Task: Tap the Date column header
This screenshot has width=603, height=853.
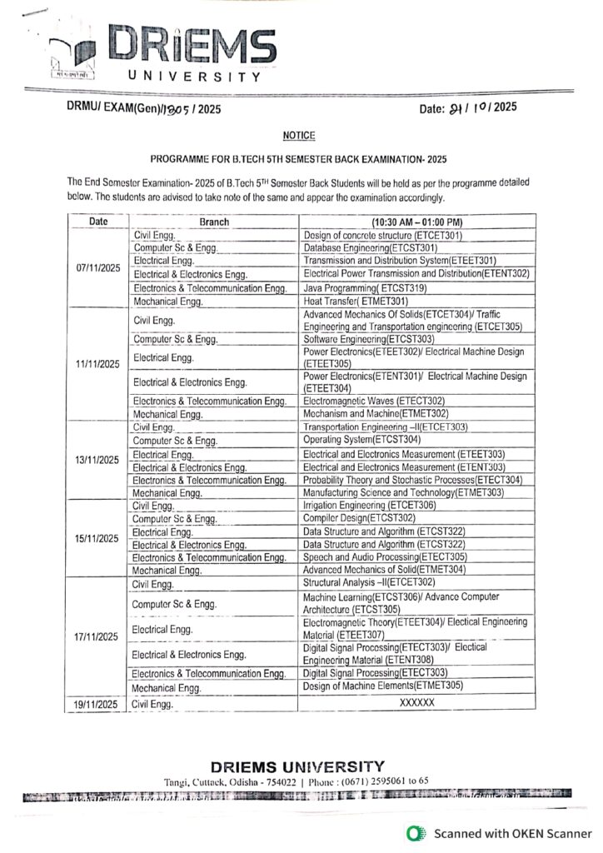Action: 99,222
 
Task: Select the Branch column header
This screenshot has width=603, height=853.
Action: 214,222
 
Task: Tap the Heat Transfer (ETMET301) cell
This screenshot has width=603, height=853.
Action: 356,301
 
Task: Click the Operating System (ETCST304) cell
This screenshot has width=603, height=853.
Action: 362,439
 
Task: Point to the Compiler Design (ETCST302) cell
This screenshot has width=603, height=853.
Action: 360,517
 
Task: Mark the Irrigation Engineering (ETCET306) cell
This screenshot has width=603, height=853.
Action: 370,505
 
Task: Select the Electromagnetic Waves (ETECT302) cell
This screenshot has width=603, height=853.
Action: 374,400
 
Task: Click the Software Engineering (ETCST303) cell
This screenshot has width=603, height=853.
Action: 367,339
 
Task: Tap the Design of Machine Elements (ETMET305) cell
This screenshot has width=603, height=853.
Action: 382,686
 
